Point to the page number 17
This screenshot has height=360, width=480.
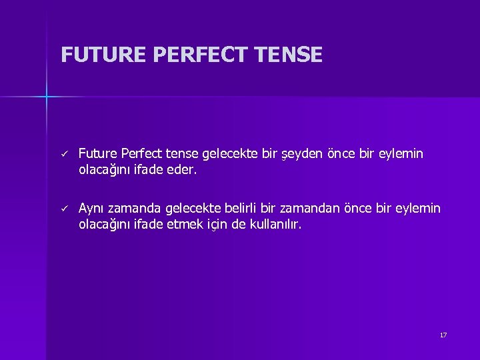[443, 335]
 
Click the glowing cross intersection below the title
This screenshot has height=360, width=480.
[47, 97]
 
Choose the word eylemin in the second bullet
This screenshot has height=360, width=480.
[418, 209]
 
